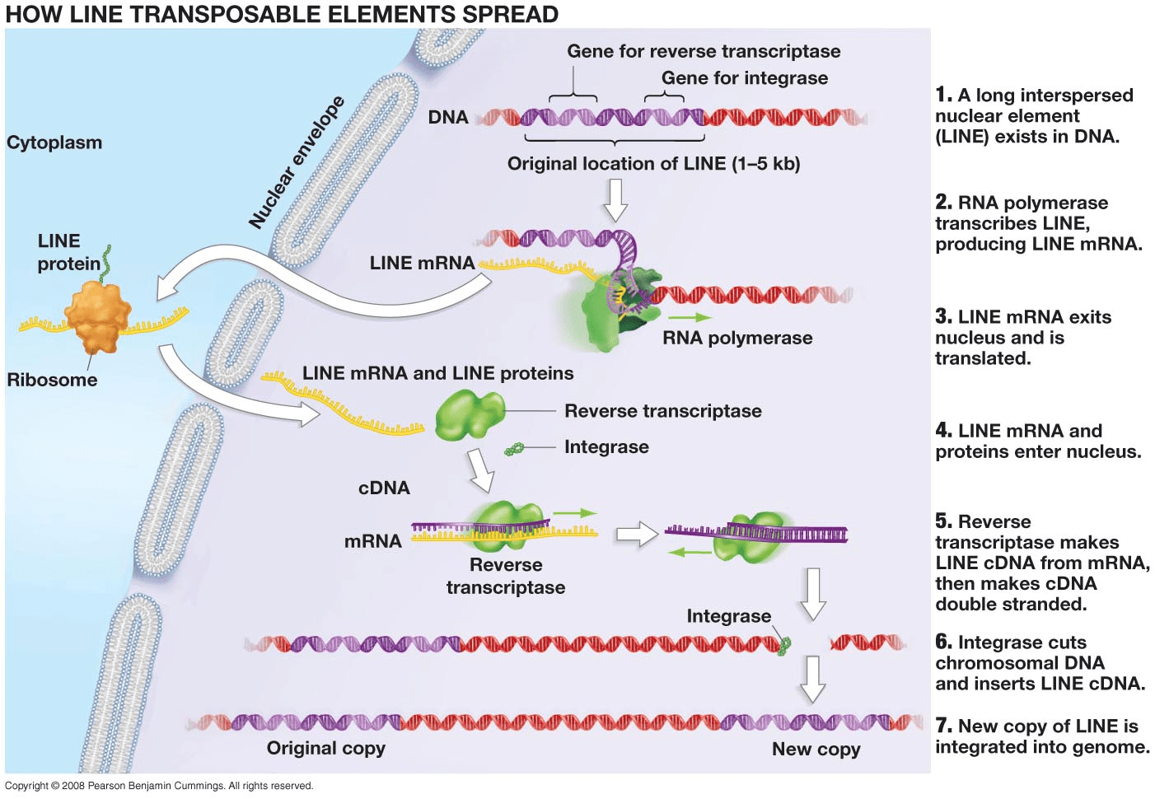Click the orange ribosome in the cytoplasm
97,316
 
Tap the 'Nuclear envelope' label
297,162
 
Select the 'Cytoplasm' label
54,143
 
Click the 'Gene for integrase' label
744,78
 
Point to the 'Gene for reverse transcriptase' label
703,51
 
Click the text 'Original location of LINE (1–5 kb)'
653,164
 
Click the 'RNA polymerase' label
736,338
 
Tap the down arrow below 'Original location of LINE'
615,200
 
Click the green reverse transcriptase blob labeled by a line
469,414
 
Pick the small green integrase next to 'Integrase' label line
514,449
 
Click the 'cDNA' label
384,488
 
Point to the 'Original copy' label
325,748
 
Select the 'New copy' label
816,749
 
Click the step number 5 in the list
943,521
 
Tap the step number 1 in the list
943,95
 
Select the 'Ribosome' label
52,380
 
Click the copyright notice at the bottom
159,786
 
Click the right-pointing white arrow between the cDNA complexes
636,535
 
